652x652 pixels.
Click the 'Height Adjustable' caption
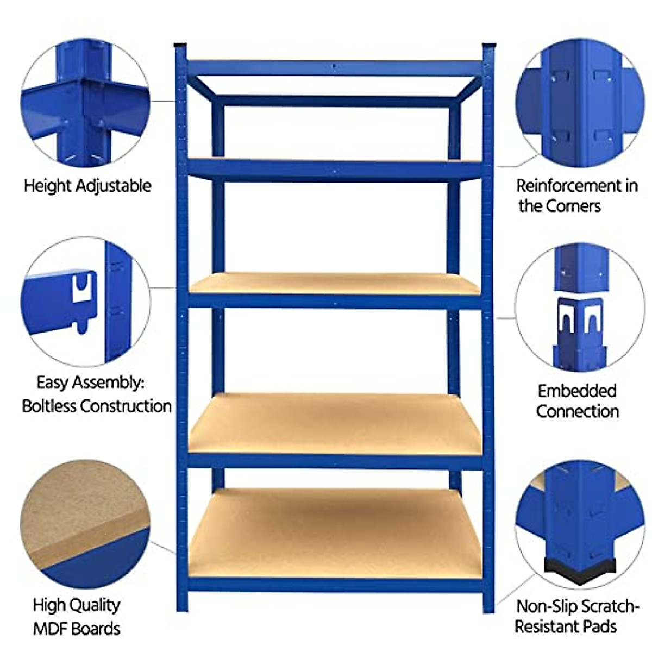pyautogui.click(x=87, y=186)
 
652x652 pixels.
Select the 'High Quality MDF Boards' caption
pyautogui.click(x=76, y=617)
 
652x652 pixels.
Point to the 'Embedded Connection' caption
pyautogui.click(x=577, y=401)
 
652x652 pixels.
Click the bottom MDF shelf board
pyautogui.click(x=335, y=532)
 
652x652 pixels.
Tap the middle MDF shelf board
pyautogui.click(x=335, y=283)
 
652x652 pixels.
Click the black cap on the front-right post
pyautogui.click(x=488, y=45)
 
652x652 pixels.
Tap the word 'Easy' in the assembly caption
pyautogui.click(x=53, y=383)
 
